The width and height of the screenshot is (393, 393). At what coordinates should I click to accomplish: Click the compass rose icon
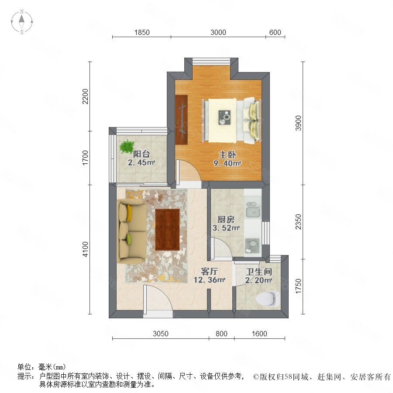[x=22, y=21]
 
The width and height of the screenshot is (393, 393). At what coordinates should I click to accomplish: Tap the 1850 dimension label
[x=142, y=33]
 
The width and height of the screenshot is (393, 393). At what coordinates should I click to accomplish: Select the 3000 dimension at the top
[x=218, y=33]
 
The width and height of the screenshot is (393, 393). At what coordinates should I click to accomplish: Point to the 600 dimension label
[x=275, y=33]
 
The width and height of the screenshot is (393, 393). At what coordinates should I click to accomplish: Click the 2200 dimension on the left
[x=86, y=96]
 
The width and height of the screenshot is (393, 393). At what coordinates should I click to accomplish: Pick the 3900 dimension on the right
[x=298, y=123]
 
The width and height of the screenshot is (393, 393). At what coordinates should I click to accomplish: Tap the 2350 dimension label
[x=298, y=221]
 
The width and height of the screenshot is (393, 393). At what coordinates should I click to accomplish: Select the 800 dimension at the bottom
[x=221, y=334]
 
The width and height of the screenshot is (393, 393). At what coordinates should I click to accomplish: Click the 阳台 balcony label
[x=141, y=154]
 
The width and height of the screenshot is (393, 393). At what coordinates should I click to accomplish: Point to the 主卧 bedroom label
[x=227, y=155]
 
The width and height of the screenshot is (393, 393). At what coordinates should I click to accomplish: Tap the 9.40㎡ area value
[x=227, y=163]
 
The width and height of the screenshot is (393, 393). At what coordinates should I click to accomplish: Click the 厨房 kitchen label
[x=226, y=220]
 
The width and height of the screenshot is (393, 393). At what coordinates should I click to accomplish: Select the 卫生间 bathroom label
[x=259, y=272]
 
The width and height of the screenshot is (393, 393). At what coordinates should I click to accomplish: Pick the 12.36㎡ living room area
[x=209, y=280]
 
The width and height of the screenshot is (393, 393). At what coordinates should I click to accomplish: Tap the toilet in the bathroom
[x=267, y=299]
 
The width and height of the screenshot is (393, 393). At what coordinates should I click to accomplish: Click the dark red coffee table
[x=167, y=230]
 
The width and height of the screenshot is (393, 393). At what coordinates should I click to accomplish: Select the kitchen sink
[x=253, y=210]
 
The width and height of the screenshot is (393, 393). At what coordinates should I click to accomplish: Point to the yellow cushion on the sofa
[x=129, y=213]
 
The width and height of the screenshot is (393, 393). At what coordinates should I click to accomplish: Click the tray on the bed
[x=224, y=117]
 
